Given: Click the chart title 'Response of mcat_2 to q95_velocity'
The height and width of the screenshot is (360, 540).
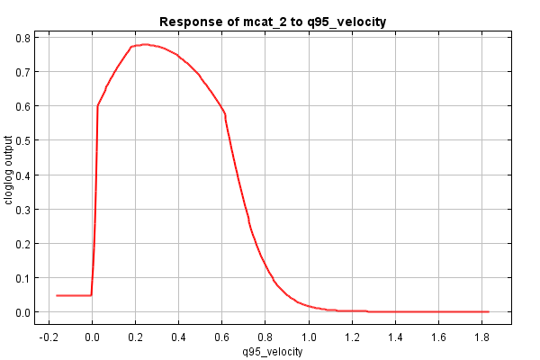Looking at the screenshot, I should (273, 21).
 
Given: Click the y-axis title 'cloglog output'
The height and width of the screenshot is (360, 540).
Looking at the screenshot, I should (10, 170).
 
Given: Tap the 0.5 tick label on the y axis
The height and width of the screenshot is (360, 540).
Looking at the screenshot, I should (20, 140).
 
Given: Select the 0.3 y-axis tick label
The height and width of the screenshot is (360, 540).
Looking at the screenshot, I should (20, 209).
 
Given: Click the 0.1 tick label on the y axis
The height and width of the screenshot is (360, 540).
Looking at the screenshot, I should (20, 278).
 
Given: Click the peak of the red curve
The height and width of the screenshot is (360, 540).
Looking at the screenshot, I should (144, 44).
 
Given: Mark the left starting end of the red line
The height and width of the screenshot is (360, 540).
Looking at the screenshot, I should (57, 295).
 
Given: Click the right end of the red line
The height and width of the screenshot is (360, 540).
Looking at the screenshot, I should (488, 311).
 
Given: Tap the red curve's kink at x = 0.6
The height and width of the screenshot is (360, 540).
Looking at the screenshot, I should (224, 113).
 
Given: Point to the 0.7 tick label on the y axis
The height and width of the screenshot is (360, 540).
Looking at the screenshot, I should (20, 72).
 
